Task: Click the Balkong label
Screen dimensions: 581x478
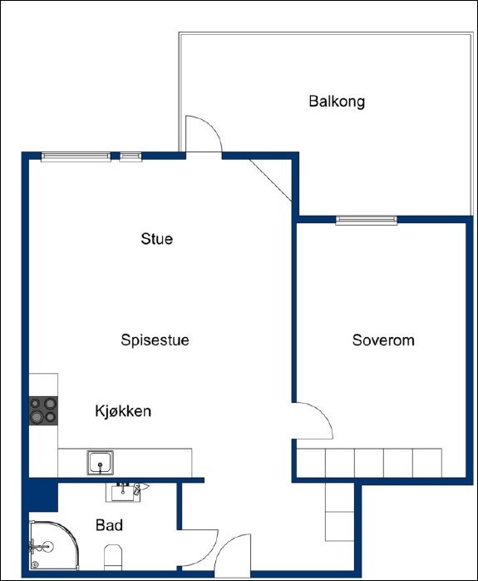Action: (337, 102)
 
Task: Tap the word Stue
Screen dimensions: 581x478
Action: (157, 240)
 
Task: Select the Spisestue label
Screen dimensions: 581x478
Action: (155, 340)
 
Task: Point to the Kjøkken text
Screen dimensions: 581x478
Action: (123, 411)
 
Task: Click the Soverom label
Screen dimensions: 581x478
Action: (383, 340)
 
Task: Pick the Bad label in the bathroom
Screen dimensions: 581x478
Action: (110, 526)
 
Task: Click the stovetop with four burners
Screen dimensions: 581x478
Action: (43, 410)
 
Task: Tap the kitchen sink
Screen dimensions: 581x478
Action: (101, 462)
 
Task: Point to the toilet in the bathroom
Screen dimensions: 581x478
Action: (113, 556)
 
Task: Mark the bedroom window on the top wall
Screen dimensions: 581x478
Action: (367, 221)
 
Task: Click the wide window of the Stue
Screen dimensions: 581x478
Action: (76, 156)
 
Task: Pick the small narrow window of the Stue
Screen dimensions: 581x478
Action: (131, 156)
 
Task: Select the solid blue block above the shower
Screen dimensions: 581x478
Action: (40, 498)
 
